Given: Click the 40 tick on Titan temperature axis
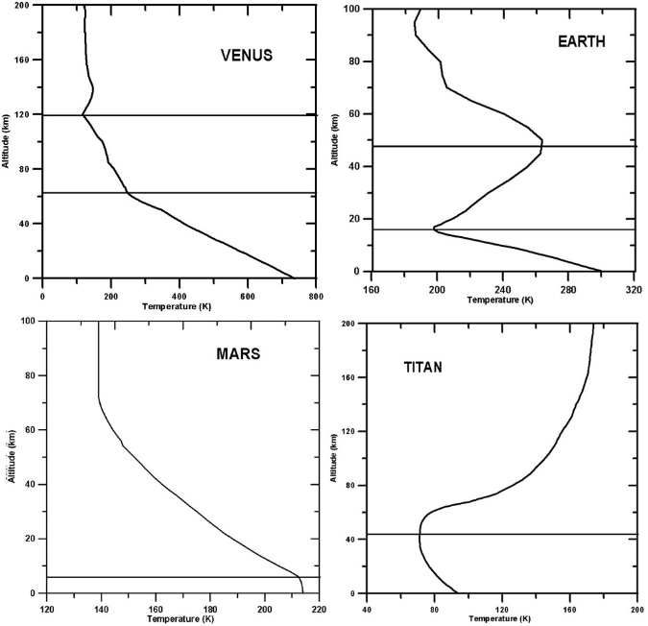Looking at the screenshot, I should pos(368,607).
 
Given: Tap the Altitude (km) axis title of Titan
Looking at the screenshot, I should pos(333,458).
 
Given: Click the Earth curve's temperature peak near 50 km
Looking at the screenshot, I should pos(542,143).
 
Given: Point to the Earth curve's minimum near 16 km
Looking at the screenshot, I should pos(434,229).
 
